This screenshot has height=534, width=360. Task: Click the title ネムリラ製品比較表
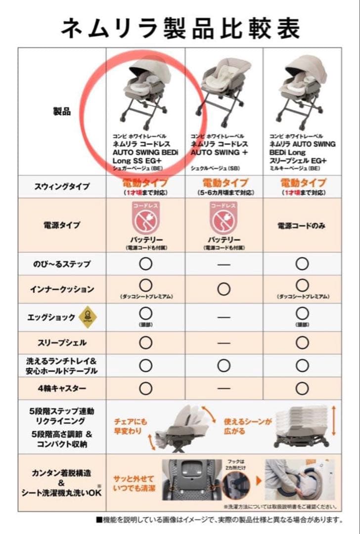180,29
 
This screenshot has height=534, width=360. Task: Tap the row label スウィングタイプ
62,186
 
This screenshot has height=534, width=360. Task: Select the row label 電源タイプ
62,225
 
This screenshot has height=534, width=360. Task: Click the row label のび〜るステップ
62,264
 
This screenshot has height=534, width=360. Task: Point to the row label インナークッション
62,289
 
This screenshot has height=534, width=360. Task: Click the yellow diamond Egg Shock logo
88,317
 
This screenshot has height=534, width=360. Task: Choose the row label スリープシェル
62,343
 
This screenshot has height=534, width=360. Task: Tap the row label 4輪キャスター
62,389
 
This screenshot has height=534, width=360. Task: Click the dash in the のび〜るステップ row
224,265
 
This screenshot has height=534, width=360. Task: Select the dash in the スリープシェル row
224,343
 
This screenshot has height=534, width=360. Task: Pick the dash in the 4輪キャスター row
224,389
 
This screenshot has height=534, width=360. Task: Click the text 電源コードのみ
301,225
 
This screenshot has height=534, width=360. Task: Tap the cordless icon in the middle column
224,217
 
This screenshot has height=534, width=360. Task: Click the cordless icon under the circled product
145,217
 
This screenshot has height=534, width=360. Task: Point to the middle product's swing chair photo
223,91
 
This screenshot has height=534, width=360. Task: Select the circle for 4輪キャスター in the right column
302,389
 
